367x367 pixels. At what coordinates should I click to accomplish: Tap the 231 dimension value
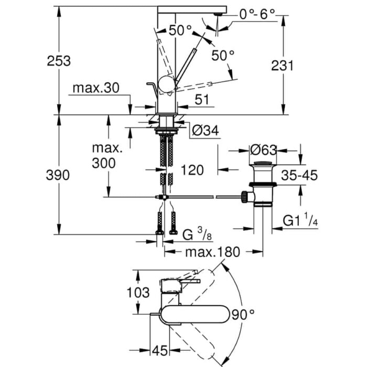pos(283,65)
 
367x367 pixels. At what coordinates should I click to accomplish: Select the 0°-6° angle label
pos(257,14)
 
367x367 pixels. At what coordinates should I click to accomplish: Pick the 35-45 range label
pos(299,175)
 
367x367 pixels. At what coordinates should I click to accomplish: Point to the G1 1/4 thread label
pos(300,221)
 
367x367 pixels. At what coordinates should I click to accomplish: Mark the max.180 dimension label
pos(211,252)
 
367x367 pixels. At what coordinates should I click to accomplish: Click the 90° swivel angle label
pos(243,315)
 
